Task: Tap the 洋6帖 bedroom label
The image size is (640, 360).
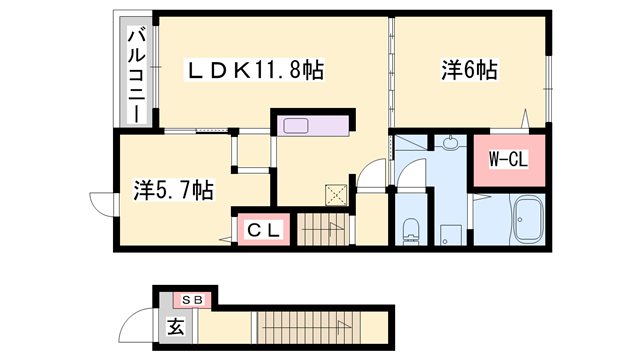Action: click(470, 70)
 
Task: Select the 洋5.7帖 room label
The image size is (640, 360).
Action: click(173, 188)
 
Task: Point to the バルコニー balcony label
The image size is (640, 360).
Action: click(133, 75)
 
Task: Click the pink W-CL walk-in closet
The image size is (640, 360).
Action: click(509, 160)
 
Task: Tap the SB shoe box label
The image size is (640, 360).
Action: click(192, 299)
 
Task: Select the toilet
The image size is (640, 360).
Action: click(410, 229)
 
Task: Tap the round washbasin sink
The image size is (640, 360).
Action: click(450, 144)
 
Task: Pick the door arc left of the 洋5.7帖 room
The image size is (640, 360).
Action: click(101, 203)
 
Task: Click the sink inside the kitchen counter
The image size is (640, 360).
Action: click(297, 127)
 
